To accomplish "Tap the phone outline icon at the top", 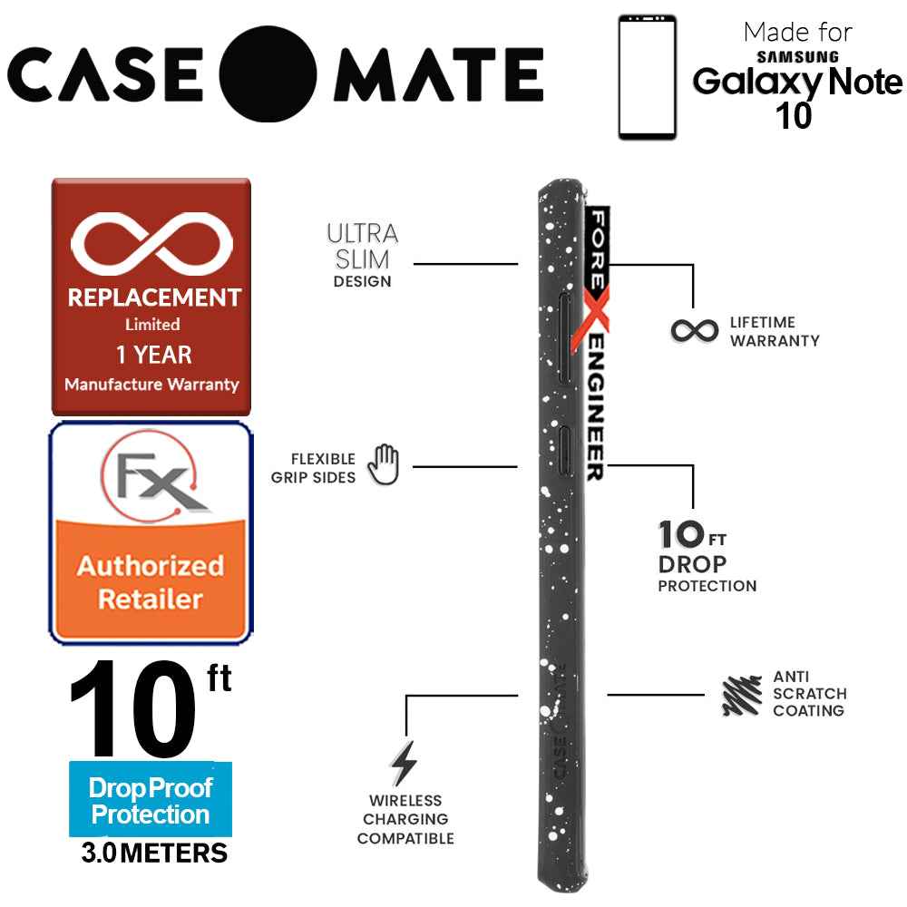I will click(x=648, y=77).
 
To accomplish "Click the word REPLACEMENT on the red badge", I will click(x=151, y=297).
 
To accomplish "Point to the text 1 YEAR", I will click(x=151, y=355).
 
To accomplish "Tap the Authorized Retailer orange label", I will click(x=151, y=581).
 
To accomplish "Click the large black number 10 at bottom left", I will click(x=136, y=710).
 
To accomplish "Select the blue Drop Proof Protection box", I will click(x=151, y=800).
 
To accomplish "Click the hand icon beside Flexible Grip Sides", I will click(x=383, y=465).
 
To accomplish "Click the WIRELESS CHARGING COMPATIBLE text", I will click(x=405, y=820).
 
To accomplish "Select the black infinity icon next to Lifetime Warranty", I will click(x=695, y=331).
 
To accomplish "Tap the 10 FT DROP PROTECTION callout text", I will click(x=706, y=557).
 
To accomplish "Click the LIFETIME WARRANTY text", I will click(x=775, y=332).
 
